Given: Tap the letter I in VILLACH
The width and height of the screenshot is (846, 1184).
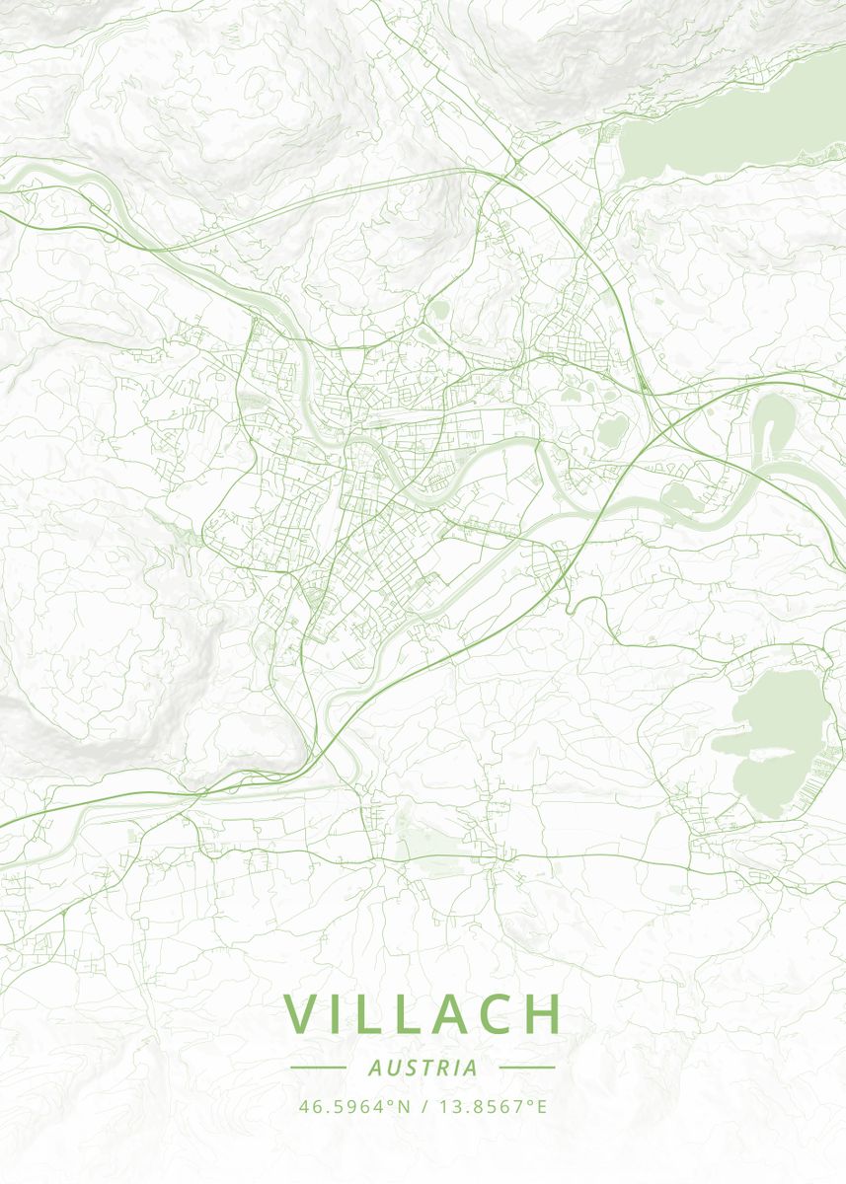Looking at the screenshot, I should pos(341,1013).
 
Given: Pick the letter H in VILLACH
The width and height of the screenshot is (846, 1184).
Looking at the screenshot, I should pos(543,1013).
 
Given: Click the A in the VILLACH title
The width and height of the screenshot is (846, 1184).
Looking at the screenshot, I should pos(447,1013).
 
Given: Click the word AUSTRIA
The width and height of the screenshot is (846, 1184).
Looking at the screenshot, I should pos(423,1068).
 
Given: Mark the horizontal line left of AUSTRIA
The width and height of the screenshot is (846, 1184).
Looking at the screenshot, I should pos(318,1068).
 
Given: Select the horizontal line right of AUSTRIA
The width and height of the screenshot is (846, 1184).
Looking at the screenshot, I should pos(527,1068).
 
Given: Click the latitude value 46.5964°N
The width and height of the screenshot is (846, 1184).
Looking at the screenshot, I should pos(353,1107).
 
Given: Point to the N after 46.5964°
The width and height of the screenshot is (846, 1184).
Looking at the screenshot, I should pos(403,1107).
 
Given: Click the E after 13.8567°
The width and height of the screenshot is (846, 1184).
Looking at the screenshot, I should pos(540,1107).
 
